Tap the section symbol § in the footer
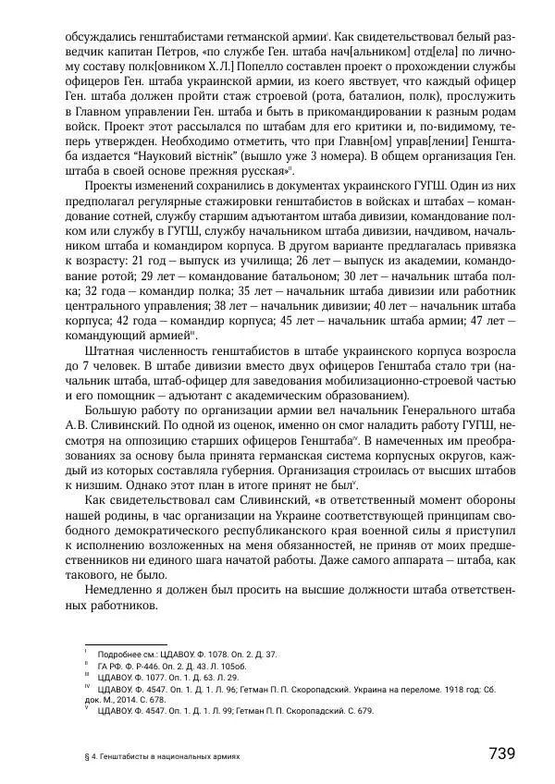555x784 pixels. click(86, 755)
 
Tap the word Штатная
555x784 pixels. click(116, 353)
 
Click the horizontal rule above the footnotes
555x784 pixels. click(125, 644)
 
